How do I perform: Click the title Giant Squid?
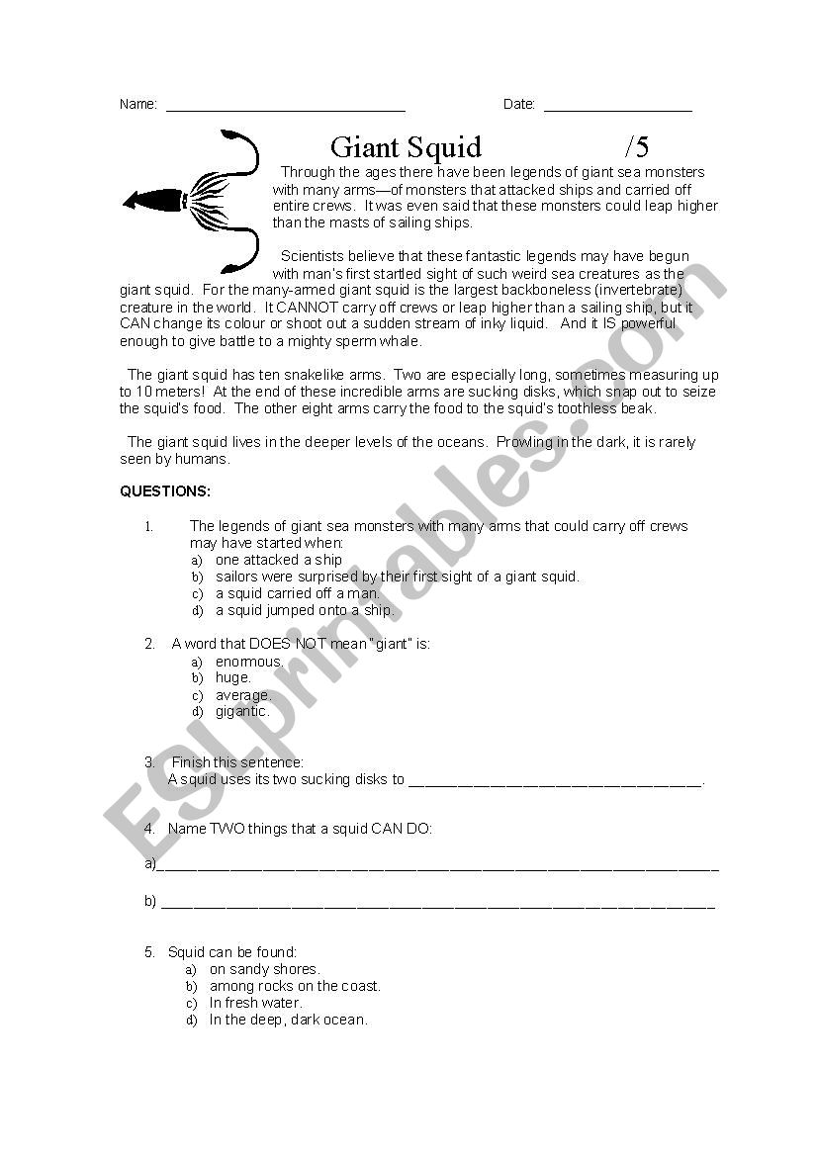coord(406,147)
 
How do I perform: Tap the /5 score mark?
coord(637,147)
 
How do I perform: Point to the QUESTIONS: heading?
coord(165,491)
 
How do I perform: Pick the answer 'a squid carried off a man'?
coord(297,593)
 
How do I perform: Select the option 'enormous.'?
coord(249,661)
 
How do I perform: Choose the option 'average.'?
coord(243,694)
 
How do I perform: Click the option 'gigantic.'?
coord(242,711)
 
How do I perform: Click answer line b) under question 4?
coord(437,904)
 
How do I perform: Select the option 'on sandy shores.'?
coord(264,969)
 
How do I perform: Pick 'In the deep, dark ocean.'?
coord(288,1020)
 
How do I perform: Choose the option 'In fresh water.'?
coord(255,1003)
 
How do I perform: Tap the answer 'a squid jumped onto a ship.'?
coord(305,610)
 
